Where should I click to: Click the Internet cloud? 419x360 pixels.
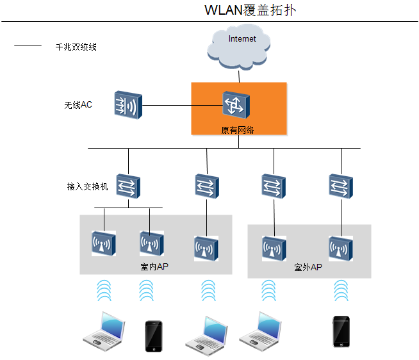point(238,47)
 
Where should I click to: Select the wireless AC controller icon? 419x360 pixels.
point(128,105)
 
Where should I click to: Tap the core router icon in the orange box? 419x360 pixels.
point(236,105)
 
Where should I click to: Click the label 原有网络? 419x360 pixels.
point(238,130)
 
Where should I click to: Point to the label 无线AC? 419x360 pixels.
point(78,105)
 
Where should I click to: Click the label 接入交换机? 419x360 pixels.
point(87,186)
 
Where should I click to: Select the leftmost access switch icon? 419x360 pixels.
point(128,186)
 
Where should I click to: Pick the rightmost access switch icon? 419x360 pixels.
point(341,186)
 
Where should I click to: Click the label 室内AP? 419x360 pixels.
point(154,266)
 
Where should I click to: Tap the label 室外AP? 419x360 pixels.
point(308,267)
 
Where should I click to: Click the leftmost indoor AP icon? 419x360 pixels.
point(104,243)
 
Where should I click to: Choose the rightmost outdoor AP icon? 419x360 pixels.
point(341,249)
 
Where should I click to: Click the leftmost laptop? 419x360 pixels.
point(104,331)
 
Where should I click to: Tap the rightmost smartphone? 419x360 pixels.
point(341,331)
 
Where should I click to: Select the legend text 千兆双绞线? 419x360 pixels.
point(76,47)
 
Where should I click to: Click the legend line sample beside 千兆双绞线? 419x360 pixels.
point(28,45)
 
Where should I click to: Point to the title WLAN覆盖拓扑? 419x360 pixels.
point(250,10)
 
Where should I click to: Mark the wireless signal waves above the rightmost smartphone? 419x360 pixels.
point(341,290)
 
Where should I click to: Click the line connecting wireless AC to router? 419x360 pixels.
point(183,105)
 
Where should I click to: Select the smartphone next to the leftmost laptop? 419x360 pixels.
point(154,336)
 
